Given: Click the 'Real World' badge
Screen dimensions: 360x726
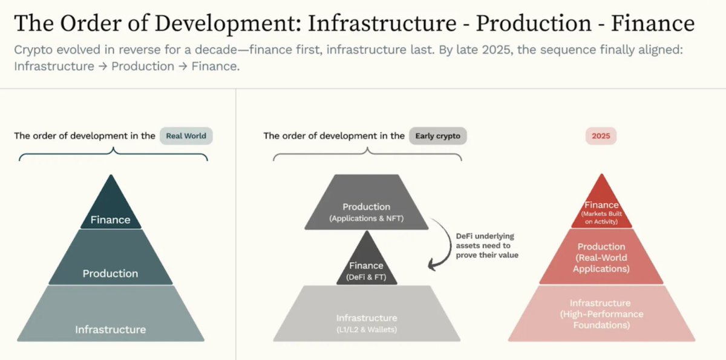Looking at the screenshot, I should coord(186,136).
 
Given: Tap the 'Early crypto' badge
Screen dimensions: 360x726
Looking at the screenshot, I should coord(437,136).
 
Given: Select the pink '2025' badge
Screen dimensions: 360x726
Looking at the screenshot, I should coord(601,136).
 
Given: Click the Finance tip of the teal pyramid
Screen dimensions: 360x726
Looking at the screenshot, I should coord(110,212).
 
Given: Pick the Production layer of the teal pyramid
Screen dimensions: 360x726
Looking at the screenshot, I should coord(110,266).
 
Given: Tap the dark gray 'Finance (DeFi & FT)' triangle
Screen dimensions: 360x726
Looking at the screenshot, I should coord(366,266).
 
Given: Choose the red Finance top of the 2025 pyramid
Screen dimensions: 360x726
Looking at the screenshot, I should coord(601,209).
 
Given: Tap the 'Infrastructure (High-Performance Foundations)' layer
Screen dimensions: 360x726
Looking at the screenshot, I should coord(601,313).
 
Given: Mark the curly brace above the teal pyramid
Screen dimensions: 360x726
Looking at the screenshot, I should coord(113,156).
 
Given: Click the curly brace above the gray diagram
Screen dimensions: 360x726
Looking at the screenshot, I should coord(367,156).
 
